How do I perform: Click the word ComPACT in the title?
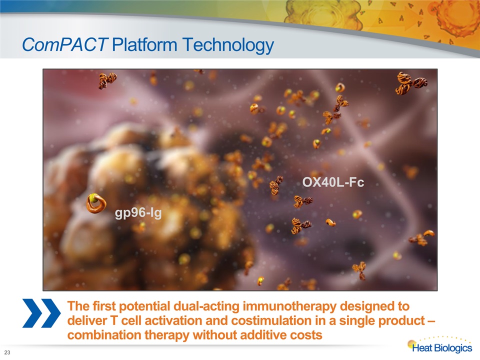coord(64,44)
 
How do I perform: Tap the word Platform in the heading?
coord(144,44)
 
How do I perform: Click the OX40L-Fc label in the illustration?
coord(333,182)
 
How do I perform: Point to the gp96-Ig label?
coord(138,213)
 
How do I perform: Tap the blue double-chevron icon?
coord(41,313)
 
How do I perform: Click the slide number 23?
coord(7,352)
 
